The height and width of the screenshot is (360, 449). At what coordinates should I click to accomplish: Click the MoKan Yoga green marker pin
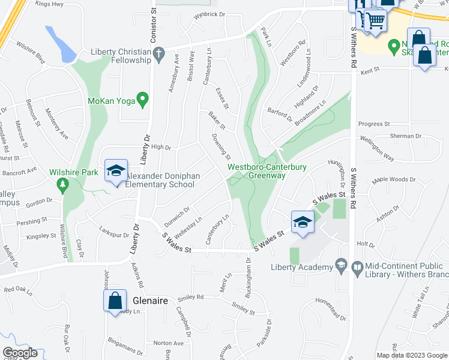142,99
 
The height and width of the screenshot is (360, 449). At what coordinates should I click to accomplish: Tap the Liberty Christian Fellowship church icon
158,56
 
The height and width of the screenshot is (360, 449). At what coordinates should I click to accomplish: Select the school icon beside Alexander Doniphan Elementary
116,172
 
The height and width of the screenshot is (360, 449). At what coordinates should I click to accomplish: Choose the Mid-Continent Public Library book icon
357,266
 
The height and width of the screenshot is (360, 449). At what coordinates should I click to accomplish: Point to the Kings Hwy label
49,4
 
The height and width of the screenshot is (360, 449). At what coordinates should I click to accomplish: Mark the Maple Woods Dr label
394,179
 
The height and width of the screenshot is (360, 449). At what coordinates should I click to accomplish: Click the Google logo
20,353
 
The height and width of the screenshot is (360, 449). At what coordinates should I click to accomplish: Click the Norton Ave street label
167,343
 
